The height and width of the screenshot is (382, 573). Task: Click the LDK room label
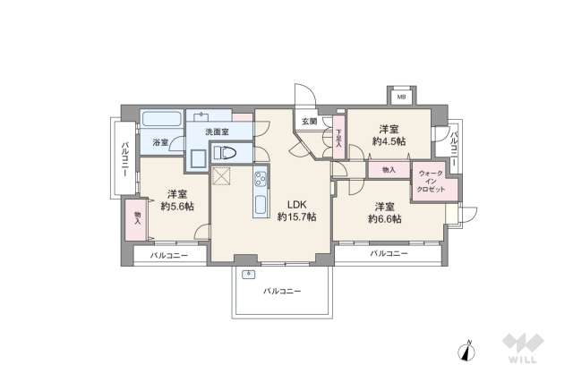[295, 202]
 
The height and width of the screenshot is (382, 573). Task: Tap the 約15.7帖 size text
[295, 217]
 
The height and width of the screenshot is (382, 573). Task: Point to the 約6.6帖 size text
[385, 218]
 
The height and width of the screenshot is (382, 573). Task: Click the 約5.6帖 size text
[176, 206]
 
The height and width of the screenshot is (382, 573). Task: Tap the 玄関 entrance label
[309, 122]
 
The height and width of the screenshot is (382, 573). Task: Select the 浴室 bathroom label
[160, 142]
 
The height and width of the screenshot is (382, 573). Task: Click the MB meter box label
[402, 97]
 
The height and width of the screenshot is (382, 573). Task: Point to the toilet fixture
[226, 154]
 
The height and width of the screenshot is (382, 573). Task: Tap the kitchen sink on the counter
[260, 205]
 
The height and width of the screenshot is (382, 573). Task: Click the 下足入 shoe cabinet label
[338, 139]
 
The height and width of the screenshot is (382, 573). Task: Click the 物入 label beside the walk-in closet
[388, 169]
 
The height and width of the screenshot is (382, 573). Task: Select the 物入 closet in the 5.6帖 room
[137, 217]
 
